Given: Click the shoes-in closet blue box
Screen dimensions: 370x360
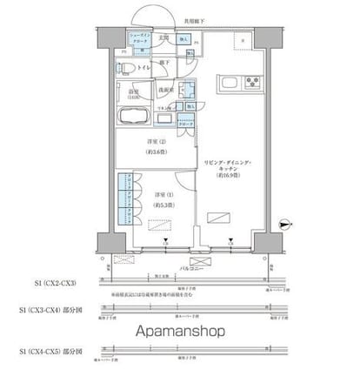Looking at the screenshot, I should pyautogui.click(x=140, y=38).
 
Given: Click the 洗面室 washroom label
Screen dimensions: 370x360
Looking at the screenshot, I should pyautogui.click(x=165, y=90).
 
